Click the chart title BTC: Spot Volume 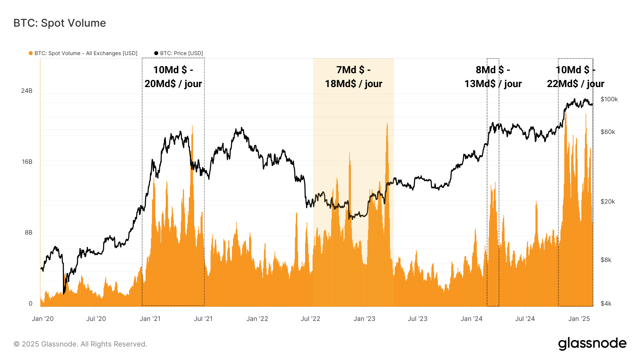coord(60,23)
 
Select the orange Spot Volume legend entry coord(83,53)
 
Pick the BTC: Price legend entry coord(178,53)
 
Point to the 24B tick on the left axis coord(27,91)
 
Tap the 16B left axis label coord(27,162)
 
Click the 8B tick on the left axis coord(28,232)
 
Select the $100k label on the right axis coord(609,99)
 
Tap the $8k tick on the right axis coord(606,260)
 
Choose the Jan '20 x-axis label coord(43,319)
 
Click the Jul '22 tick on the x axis coord(310,319)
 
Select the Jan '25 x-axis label coord(579,319)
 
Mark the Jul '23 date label coord(417,319)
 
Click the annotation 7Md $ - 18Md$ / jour coord(353,77)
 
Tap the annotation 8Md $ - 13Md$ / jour coord(493,77)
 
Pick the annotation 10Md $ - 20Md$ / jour coord(173,77)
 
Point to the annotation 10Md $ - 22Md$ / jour coord(575,77)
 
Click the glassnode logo coord(592,344)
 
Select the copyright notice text coord(80,344)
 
